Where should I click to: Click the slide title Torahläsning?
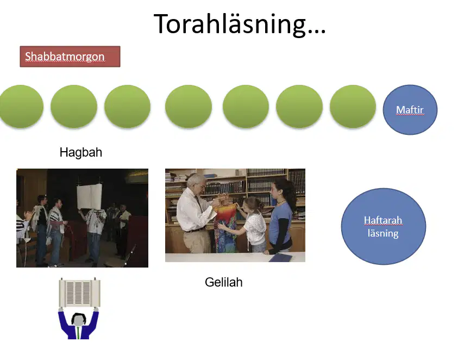pos(240,24)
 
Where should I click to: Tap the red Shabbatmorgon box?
pos(70,57)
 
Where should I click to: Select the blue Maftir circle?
pos(410,110)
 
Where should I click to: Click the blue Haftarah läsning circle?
pos(383,226)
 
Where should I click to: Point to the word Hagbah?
pos(81,152)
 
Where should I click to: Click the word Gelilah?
pos(223,282)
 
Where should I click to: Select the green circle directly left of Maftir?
pos(353,107)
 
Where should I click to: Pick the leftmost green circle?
pos(21,107)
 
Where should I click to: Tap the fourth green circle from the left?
pos(189,107)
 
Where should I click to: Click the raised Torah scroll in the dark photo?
pos(89,196)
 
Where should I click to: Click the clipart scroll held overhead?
pos(79,293)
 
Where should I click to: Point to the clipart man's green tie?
pos(78,333)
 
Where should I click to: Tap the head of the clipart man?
pos(78,319)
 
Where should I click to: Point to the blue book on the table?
pos(280,258)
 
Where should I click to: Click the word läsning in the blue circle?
pos(383,233)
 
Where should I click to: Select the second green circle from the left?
pos(74,107)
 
